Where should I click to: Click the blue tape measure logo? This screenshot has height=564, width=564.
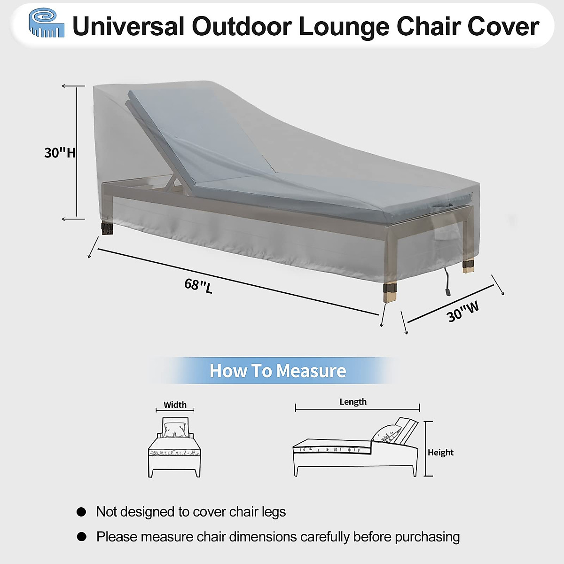[46, 23]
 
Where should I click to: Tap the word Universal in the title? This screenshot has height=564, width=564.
[128, 26]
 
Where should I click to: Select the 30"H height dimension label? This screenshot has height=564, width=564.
[59, 153]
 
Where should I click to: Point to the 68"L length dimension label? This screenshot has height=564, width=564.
[198, 285]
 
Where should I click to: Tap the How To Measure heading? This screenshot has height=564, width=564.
[277, 371]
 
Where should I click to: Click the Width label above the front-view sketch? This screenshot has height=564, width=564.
[175, 405]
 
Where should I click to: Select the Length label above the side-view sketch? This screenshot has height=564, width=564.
[353, 401]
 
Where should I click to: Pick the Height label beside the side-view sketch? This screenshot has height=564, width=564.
[440, 452]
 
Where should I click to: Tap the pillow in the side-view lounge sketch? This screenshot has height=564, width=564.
[388, 433]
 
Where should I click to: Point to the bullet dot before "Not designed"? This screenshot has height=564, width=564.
[82, 512]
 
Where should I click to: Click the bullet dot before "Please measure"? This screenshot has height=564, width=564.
[82, 536]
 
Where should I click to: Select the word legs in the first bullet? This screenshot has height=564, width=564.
[274, 512]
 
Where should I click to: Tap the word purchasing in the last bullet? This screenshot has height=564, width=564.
[427, 537]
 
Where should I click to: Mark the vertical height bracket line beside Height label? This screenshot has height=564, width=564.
[426, 449]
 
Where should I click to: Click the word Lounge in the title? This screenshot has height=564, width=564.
[344, 26]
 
